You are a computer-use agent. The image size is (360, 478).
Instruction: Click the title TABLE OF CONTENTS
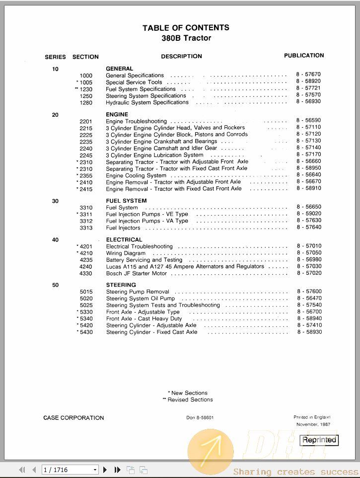pyautogui.click(x=186, y=28)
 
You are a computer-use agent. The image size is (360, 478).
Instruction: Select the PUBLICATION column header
pyautogui.click(x=304, y=56)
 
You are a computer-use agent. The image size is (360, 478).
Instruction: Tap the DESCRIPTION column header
pyautogui.click(x=181, y=57)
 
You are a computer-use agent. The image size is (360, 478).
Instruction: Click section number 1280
pyautogui.click(x=86, y=103)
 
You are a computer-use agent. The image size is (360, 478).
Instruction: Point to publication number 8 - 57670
pyautogui.click(x=308, y=75)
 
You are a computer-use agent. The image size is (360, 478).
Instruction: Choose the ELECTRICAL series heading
pyautogui.click(x=124, y=239)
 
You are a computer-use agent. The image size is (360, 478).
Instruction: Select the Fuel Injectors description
pyautogui.click(x=123, y=228)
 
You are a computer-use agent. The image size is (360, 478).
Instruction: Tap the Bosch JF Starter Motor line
pyautogui.click(x=137, y=273)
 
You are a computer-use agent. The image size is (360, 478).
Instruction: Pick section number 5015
pyautogui.click(x=86, y=292)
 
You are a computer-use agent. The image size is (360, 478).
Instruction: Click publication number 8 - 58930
pyautogui.click(x=309, y=332)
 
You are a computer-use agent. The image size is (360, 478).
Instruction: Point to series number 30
pyautogui.click(x=55, y=201)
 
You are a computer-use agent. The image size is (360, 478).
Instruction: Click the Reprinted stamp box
pyautogui.click(x=320, y=440)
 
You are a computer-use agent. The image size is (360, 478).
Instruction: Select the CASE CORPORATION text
pyautogui.click(x=73, y=418)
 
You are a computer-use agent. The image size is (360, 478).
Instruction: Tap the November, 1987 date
pyautogui.click(x=313, y=425)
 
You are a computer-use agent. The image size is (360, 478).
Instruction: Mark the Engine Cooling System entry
pyautogui.click(x=136, y=175)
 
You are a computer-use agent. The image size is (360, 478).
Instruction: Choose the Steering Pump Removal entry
pyautogui.click(x=138, y=292)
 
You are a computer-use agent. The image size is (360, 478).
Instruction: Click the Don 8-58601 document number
pyautogui.click(x=200, y=418)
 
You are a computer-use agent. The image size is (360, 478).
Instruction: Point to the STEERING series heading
pyautogui.click(x=121, y=285)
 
